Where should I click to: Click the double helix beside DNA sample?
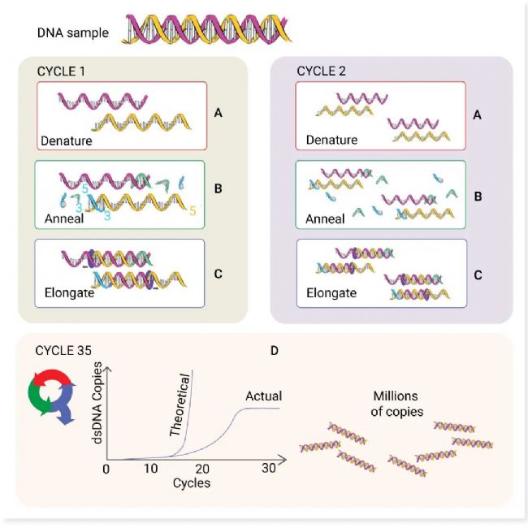[207, 29]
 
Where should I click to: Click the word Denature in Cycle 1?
[67, 141]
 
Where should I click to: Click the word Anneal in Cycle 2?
[324, 219]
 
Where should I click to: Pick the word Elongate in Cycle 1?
[67, 293]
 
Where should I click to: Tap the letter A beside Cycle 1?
[218, 114]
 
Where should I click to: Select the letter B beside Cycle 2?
[478, 196]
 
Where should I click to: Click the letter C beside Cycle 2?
[478, 275]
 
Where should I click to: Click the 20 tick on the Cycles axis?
[203, 469]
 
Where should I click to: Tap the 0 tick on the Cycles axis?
[106, 469]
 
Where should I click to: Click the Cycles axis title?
[192, 483]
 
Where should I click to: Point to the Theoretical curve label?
[181, 405]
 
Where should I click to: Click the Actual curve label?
[263, 396]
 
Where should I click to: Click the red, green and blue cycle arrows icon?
[51, 398]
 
